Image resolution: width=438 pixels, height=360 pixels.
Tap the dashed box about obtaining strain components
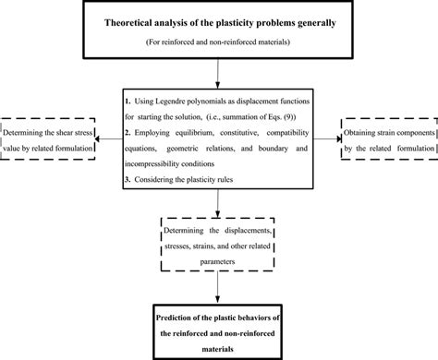pyautogui.click(x=386, y=138)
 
